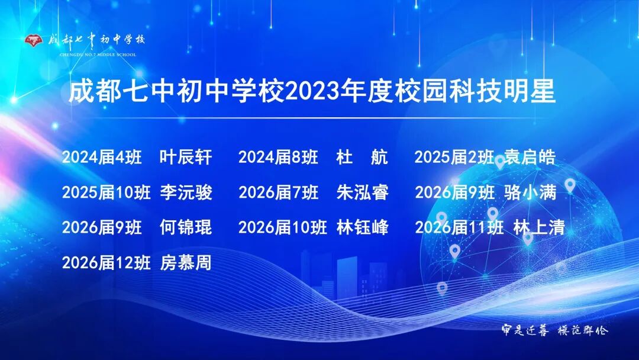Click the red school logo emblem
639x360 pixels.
coord(34,40)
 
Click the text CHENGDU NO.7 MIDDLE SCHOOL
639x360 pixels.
coord(98,54)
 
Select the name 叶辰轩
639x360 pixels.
coord(186,157)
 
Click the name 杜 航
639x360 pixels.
coord(362,157)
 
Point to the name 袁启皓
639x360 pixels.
coord(530,157)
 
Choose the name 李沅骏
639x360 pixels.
coord(186,192)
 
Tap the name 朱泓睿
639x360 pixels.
coord(362,192)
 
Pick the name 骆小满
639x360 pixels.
coord(530,192)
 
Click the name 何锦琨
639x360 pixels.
coord(186,227)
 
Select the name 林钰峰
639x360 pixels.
coord(362,227)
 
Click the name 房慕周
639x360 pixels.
coord(186,262)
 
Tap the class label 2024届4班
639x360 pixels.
coord(102,157)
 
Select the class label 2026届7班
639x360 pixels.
coord(278,192)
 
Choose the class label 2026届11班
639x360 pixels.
coord(459,227)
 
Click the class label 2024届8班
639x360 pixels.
coord(278,157)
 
